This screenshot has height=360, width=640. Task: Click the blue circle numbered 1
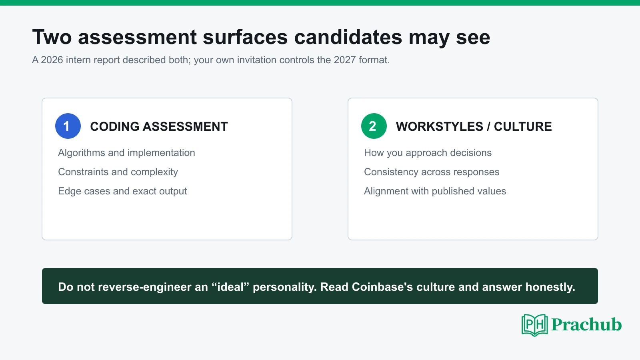[68, 126]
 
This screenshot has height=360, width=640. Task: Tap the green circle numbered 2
[374, 126]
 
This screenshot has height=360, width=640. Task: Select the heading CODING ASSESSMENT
[159, 126]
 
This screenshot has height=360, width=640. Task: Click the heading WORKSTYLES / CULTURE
[474, 126]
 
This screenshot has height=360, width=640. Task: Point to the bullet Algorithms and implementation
[126, 153]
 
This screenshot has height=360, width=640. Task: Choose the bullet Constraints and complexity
[118, 172]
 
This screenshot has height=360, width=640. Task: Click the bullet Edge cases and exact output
[122, 191]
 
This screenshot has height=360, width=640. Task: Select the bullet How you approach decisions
[428, 153]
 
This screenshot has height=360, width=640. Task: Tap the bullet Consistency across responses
[432, 172]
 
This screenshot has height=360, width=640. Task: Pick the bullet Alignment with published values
[435, 191]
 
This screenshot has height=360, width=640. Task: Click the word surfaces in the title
[245, 37]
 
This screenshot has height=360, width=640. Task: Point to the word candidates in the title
[348, 37]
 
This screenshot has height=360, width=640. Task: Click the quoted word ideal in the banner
[230, 287]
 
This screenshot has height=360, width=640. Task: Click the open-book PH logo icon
[534, 325]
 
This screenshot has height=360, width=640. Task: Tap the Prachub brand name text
[586, 324]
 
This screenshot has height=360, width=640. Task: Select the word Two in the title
[52, 37]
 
